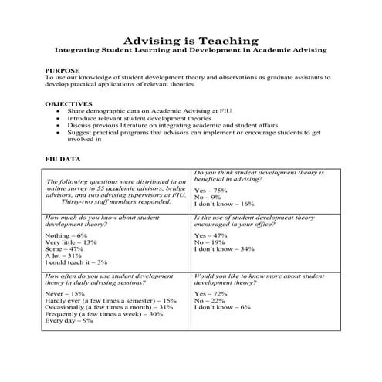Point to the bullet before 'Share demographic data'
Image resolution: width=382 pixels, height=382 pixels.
click(x=60, y=111)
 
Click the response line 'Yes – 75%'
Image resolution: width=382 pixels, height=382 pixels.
click(x=211, y=190)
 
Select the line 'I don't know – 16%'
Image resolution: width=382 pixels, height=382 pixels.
click(x=224, y=204)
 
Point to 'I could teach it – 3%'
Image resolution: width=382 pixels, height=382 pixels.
click(x=76, y=262)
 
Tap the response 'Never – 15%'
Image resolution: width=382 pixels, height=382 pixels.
click(x=65, y=293)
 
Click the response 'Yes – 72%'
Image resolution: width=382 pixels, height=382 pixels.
click(x=211, y=293)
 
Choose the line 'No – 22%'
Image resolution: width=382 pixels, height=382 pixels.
click(x=209, y=300)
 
